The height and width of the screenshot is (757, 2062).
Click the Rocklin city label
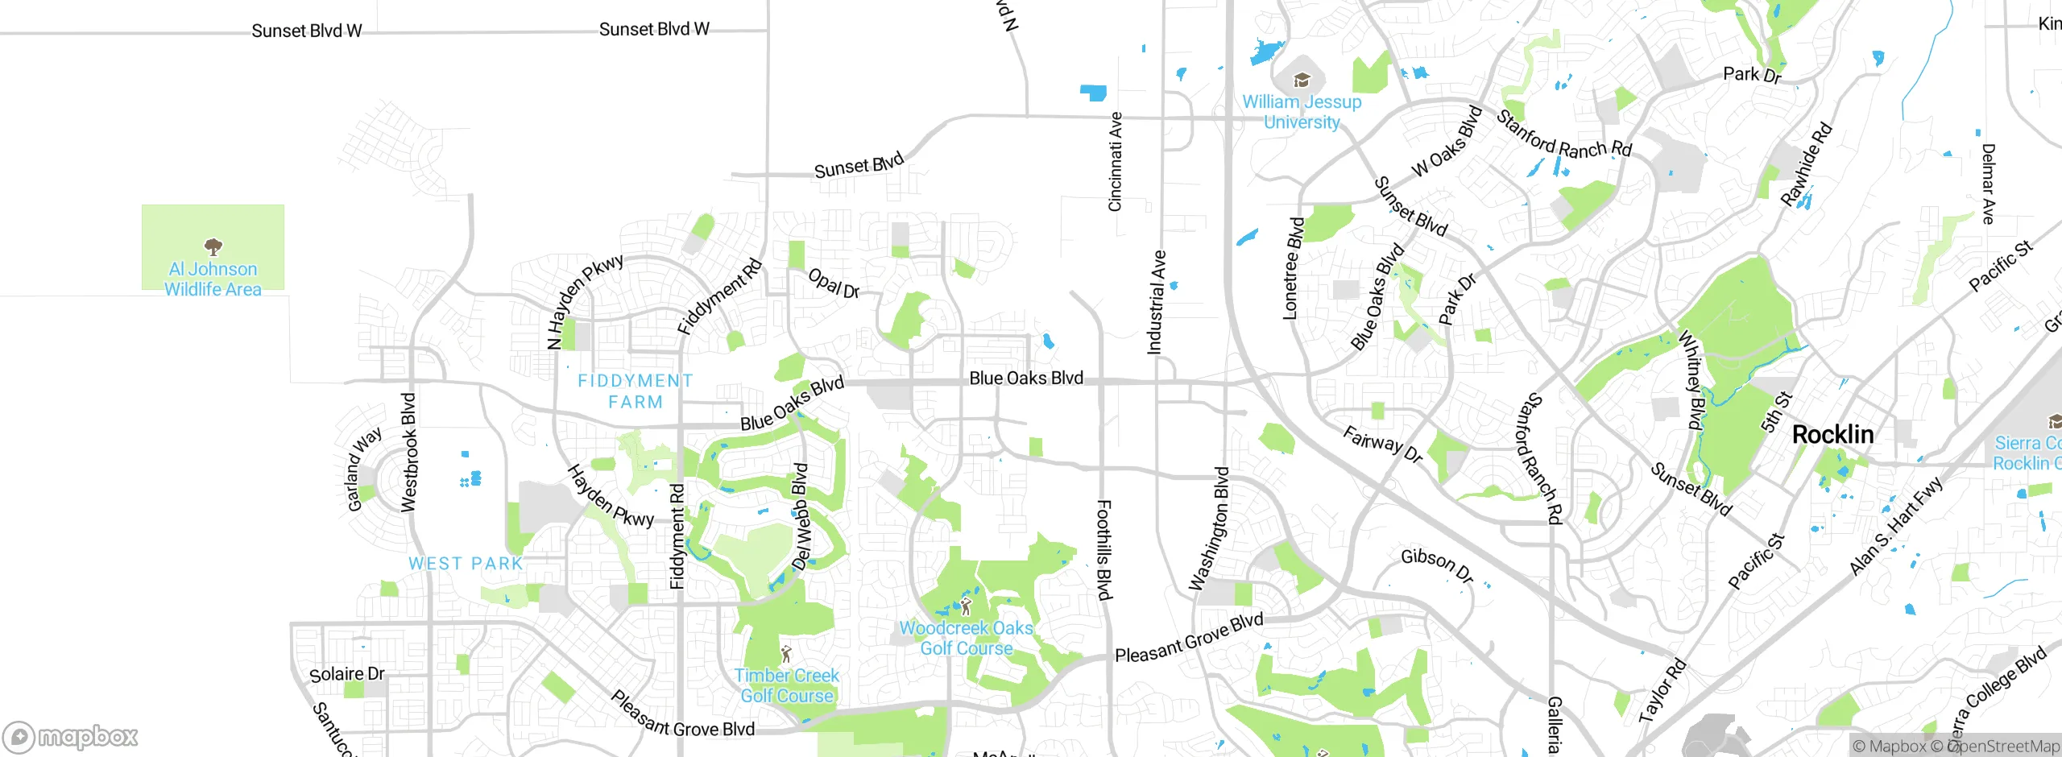point(1832,435)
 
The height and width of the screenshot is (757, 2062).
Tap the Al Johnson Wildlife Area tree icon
point(213,246)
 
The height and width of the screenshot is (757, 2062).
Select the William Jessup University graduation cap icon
point(1302,80)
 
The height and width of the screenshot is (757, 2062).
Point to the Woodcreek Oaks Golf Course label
point(966,638)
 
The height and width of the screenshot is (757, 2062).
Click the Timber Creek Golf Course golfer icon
point(787,654)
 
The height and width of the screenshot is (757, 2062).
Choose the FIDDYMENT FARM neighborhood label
point(635,391)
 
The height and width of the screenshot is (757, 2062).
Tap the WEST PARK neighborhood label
point(466,564)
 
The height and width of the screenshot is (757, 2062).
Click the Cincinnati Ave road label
point(1116,162)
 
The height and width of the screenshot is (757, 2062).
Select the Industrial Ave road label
point(1156,302)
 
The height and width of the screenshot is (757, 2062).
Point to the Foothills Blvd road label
point(1104,550)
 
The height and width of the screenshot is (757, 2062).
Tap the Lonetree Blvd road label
point(1292,268)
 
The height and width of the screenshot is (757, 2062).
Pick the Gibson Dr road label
point(1437,565)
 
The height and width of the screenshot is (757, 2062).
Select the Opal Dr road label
point(834,283)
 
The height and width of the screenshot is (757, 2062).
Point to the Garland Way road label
point(364,470)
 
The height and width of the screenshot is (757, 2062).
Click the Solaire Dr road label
point(347,674)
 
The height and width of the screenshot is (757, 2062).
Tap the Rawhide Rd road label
point(1806,165)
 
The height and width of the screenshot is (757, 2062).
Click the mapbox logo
point(71,737)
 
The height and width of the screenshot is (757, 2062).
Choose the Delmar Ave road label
point(1988,184)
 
